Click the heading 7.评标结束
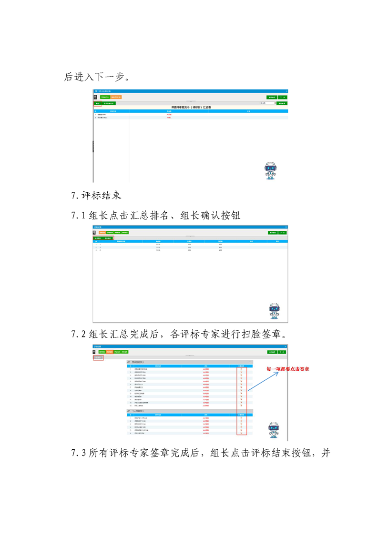pos(96,195)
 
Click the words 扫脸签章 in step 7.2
pos(260,334)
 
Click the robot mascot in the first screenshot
pos(270,170)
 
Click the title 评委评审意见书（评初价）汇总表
pos(191,107)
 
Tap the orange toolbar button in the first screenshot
pos(116,97)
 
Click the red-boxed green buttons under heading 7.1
pos(103,238)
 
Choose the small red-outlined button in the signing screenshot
pos(98,357)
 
